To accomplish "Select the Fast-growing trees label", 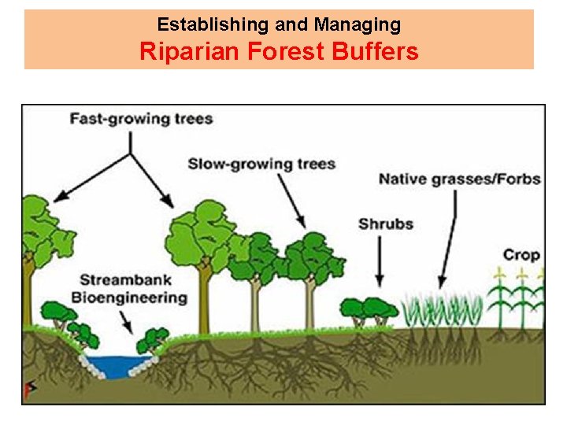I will pos(141,119).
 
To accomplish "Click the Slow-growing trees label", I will pos(261,164).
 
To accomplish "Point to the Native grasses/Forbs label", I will pos(460,179).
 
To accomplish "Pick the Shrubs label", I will pos(386,224).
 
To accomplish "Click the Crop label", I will pos(521,254).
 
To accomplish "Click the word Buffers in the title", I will pos(372,52).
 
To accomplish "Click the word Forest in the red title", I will pos(281,52).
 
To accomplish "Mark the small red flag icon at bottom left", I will pos(28,390).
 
